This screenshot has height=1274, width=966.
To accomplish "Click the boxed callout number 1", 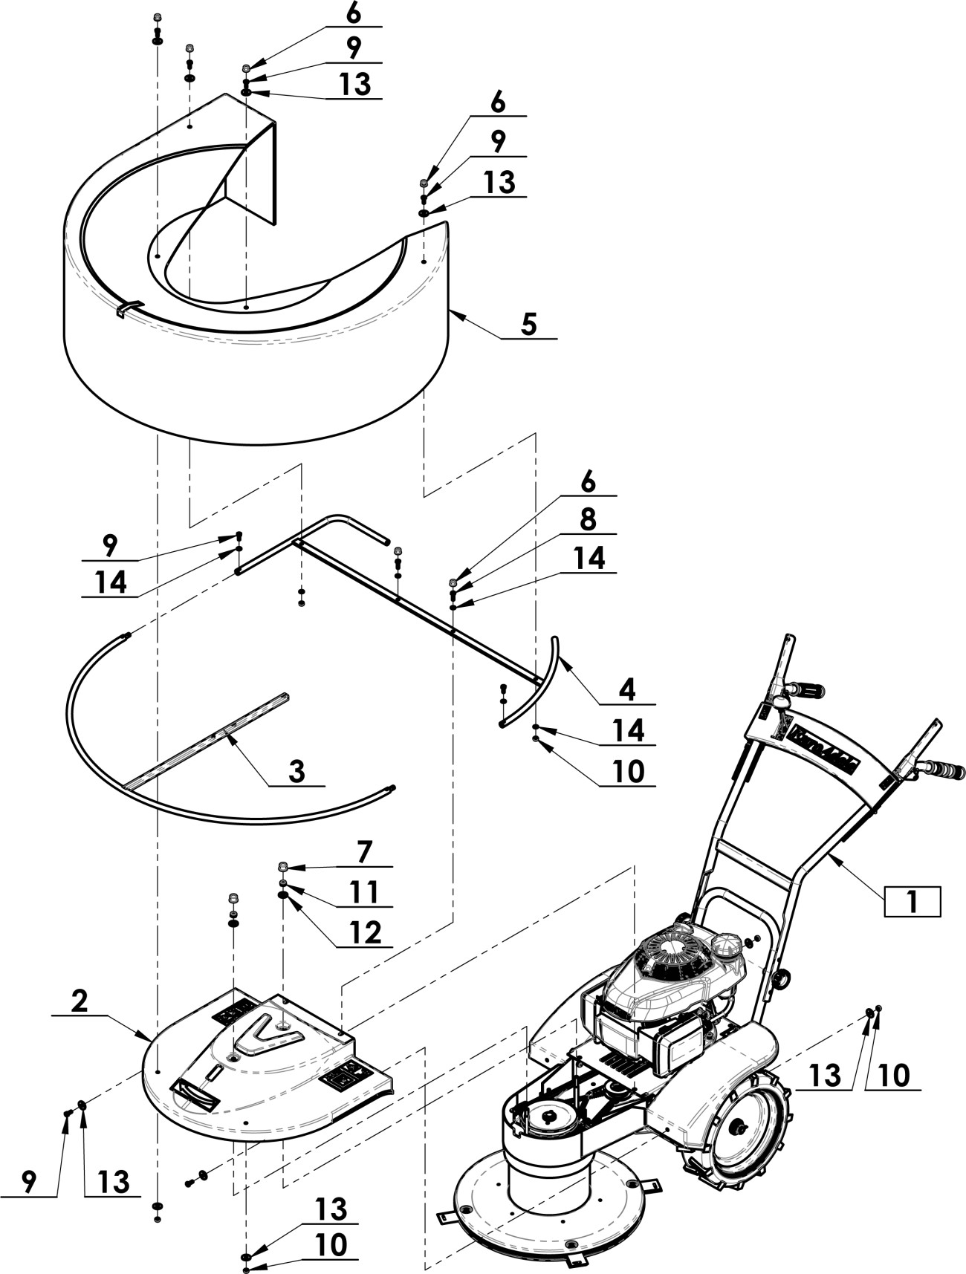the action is click(x=912, y=902).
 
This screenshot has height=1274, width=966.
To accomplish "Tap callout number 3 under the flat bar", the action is click(x=296, y=771).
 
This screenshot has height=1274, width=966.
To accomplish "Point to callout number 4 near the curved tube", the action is click(x=627, y=690).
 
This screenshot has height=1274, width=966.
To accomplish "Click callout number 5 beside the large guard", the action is click(x=528, y=325).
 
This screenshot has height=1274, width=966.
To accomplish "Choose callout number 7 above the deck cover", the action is click(x=364, y=852).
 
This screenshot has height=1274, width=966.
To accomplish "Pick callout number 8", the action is click(x=588, y=520).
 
